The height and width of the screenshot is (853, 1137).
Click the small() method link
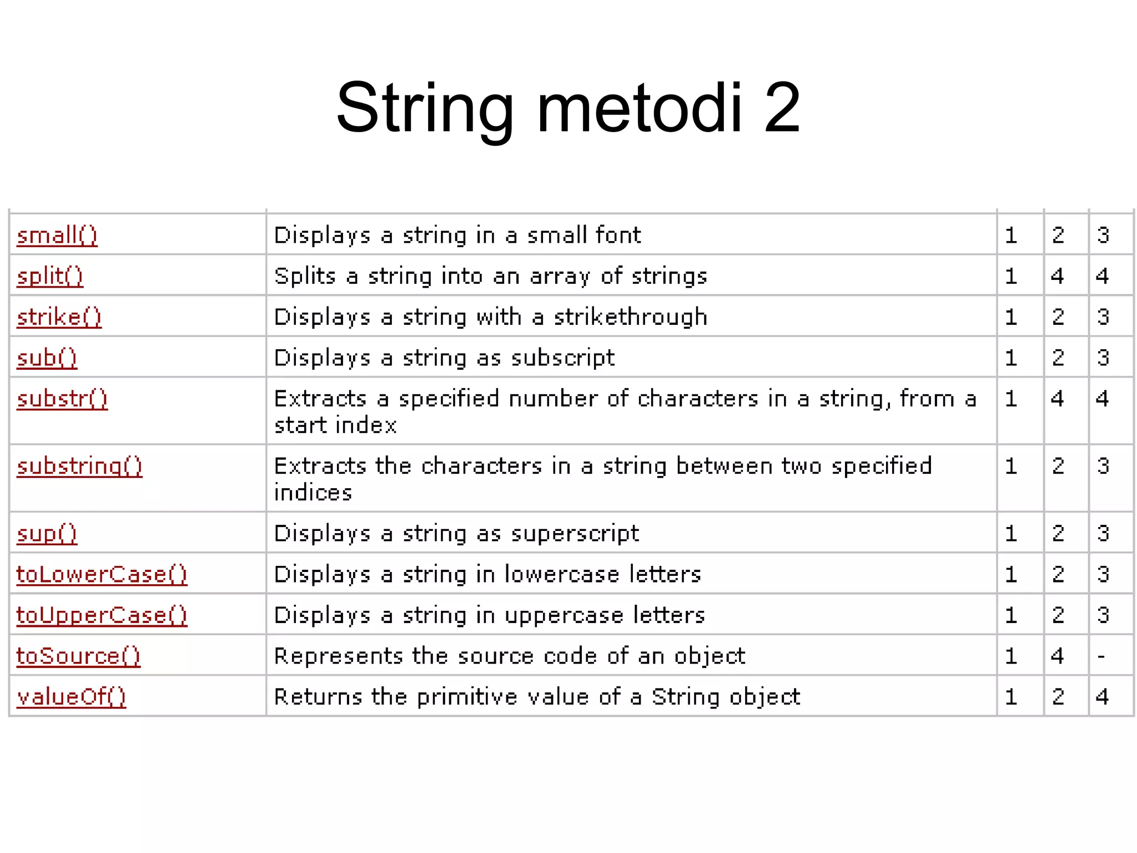tap(57, 235)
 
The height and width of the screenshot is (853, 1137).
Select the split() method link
tap(50, 276)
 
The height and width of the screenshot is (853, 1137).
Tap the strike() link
tap(59, 317)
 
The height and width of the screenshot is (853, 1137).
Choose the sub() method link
tap(47, 358)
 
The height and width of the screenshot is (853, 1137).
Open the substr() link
tap(62, 399)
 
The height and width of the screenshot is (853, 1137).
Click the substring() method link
tap(79, 466)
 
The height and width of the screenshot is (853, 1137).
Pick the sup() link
tap(47, 534)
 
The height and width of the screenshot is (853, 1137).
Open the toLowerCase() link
tap(102, 574)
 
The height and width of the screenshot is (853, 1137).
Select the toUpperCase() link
tap(102, 615)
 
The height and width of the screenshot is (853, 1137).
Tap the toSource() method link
tap(78, 656)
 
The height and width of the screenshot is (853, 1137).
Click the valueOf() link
tap(71, 697)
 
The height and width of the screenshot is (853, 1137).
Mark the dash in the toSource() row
tap(1101, 657)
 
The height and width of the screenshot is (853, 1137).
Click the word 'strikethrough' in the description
tap(631, 317)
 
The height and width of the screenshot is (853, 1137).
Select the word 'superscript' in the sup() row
tap(575, 534)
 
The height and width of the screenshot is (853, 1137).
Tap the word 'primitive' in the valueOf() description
tap(467, 697)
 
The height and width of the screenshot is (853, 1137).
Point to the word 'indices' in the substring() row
tap(313, 493)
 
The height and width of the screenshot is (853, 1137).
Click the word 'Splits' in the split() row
tap(305, 276)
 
